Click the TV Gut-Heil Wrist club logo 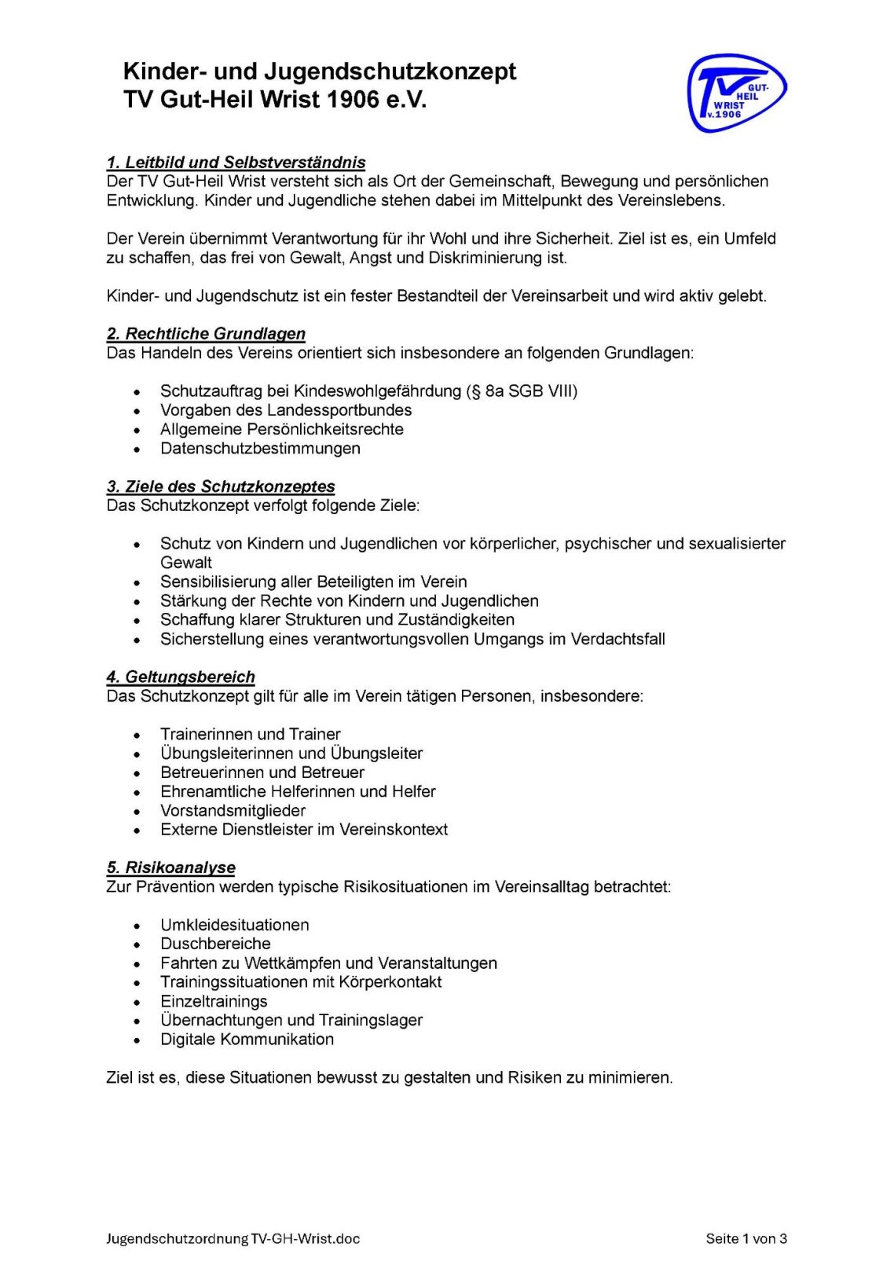[x=736, y=93]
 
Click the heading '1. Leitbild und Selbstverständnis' [x=236, y=163]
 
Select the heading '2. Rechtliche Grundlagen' [x=206, y=334]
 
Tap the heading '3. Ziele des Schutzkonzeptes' [x=221, y=486]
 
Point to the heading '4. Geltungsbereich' [x=181, y=677]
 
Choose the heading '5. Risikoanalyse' [x=170, y=867]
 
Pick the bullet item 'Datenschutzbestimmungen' [x=260, y=449]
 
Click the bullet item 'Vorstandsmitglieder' [x=233, y=811]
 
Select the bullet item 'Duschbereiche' [x=215, y=944]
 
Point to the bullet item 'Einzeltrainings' [x=214, y=1001]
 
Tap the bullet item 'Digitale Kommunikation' [x=247, y=1040]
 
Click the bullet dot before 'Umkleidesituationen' [x=137, y=926]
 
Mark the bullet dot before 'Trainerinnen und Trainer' [x=137, y=735]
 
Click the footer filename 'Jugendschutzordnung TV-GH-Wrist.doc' [x=233, y=1239]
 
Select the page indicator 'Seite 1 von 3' [x=746, y=1239]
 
